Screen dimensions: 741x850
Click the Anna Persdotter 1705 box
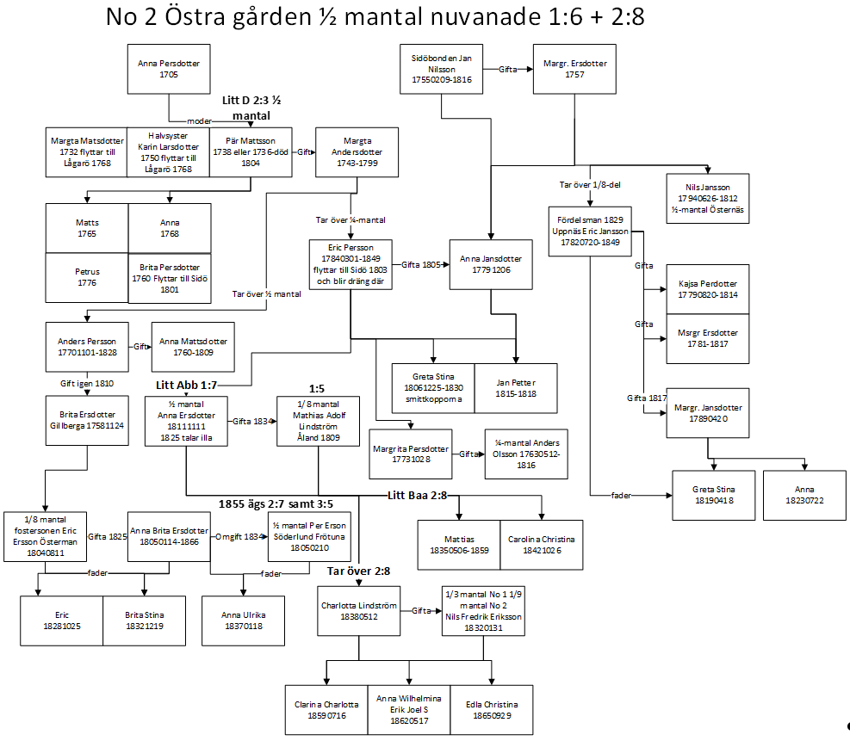tap(169, 69)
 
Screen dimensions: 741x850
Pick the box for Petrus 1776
tap(86, 277)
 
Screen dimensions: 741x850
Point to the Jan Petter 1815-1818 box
tap(516, 388)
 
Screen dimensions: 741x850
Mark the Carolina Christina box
tap(541, 544)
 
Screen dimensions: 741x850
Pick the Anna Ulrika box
tap(243, 621)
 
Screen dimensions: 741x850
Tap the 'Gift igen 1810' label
tap(86, 383)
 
